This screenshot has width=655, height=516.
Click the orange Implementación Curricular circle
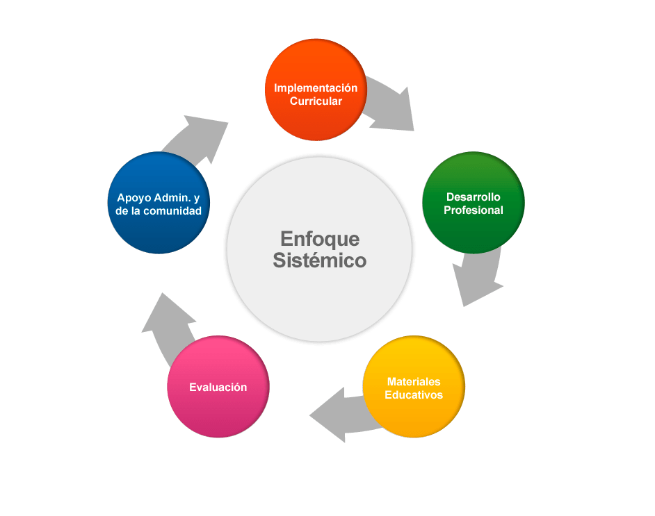(316, 90)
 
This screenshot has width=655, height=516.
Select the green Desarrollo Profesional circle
(474, 203)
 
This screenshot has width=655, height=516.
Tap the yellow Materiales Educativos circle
(414, 387)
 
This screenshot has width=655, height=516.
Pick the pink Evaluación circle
(218, 387)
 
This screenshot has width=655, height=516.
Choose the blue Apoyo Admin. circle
(159, 203)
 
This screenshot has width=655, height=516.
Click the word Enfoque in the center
(320, 240)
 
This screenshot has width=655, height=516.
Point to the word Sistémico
(320, 260)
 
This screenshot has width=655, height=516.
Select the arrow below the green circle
(478, 275)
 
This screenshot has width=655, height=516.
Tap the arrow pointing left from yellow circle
(345, 415)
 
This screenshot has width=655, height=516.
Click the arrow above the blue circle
(196, 138)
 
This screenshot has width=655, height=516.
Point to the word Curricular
(316, 101)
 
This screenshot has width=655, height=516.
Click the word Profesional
(474, 210)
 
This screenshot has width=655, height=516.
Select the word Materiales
(414, 382)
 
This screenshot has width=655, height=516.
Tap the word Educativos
(414, 395)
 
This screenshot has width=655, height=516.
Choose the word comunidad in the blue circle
(172, 211)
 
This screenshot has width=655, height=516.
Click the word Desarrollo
(474, 197)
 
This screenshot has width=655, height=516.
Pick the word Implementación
(316, 88)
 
